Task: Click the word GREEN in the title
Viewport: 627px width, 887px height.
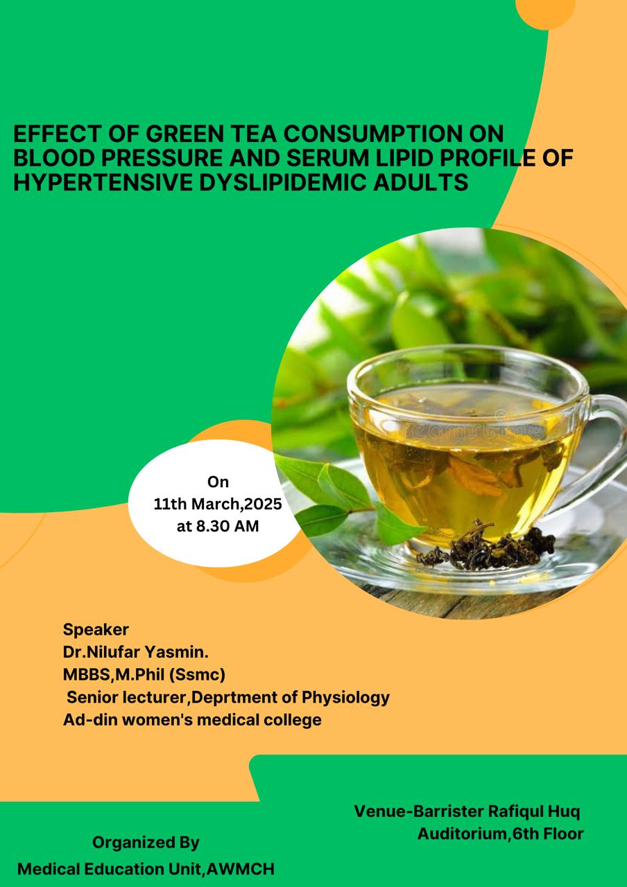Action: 184,134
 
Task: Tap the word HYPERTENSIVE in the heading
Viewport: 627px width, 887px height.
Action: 103,182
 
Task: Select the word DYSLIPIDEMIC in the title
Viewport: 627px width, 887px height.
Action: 282,182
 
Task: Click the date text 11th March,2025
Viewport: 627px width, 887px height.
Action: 218,504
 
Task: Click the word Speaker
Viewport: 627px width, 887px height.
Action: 96,630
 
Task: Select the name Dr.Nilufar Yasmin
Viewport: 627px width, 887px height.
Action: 135,652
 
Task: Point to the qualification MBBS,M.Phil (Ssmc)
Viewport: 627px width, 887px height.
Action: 144,675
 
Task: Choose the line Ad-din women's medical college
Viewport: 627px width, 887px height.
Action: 192,720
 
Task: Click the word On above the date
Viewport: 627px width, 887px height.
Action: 218,482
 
